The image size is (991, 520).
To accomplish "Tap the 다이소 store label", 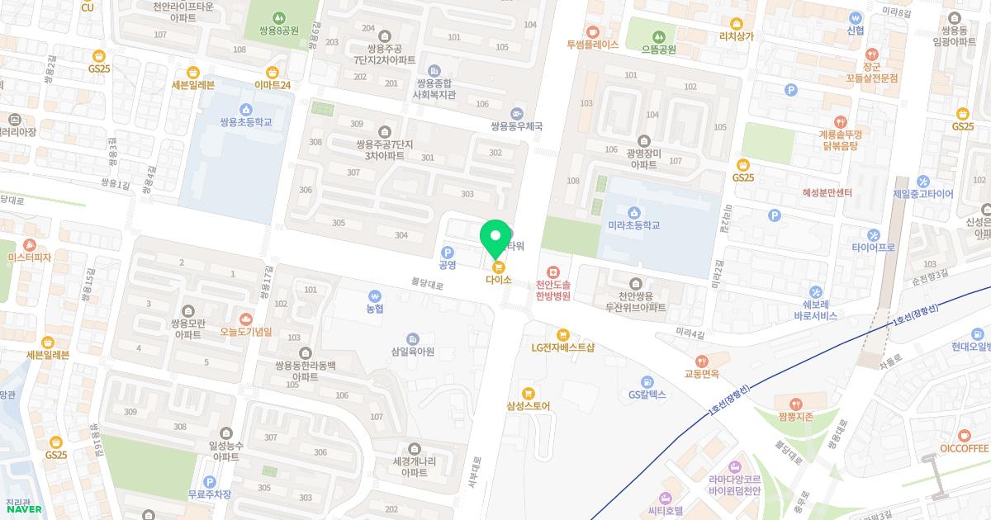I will point(498,279).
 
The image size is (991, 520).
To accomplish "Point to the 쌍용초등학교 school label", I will point(245,122).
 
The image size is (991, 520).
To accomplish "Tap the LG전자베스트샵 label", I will point(563,347).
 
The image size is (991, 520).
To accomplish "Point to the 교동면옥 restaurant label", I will point(701,373).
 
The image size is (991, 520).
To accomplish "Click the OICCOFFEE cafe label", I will point(964,448).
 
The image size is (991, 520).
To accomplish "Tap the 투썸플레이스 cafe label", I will point(592,45).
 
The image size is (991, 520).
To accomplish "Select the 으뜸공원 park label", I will point(658,49).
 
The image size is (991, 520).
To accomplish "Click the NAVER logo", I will point(24,509).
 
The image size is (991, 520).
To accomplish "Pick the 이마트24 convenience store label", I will point(273,84).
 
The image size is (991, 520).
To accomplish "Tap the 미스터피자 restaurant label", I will point(30,258).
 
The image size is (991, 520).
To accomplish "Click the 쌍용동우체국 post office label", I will point(517,126).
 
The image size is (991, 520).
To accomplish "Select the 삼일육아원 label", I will point(413,351).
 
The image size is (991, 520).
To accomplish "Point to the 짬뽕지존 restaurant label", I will point(795,416).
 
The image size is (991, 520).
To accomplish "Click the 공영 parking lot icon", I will point(448,253).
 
